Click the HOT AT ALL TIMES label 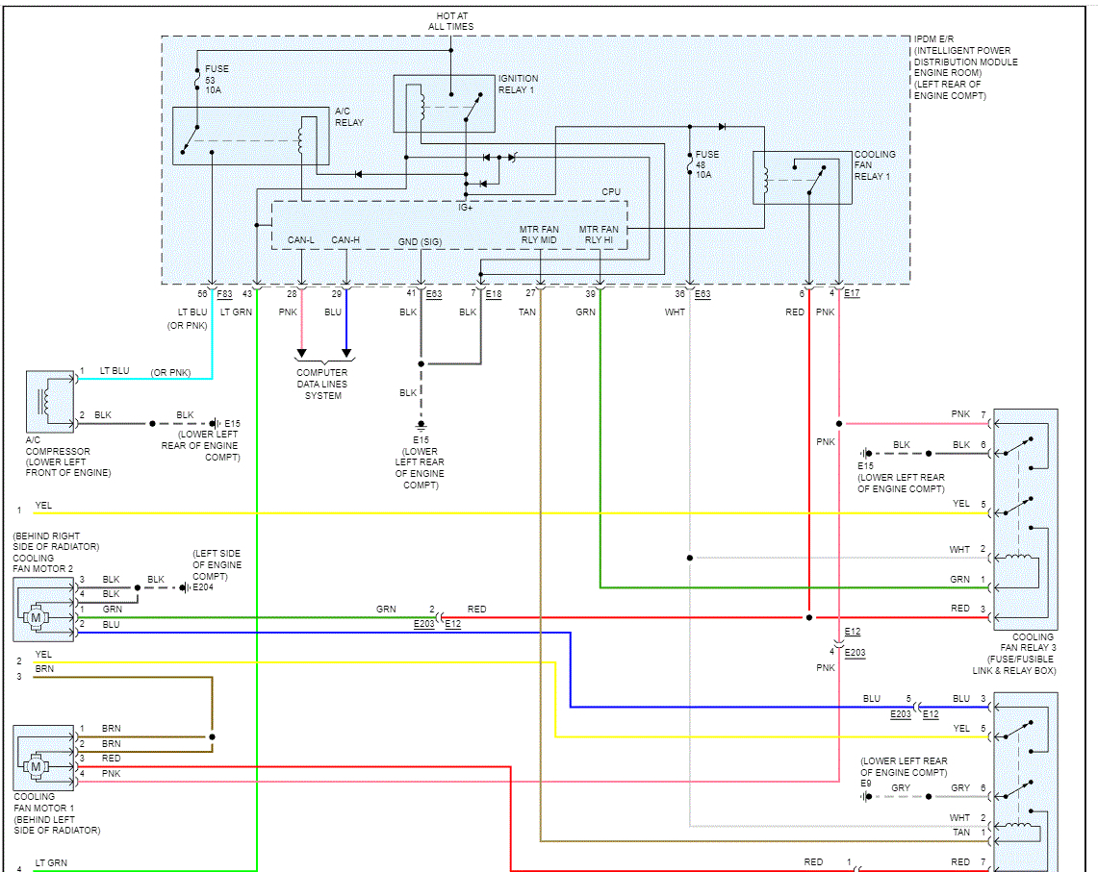451,21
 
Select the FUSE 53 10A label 217,79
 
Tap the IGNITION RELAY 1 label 518,84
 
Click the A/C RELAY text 348,117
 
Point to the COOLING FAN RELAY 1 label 875,165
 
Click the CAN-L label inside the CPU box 301,240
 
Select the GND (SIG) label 420,242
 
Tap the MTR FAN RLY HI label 599,235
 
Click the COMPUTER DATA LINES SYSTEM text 322,385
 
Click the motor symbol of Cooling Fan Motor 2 37,617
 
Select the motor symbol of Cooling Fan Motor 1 37,767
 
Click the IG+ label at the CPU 466,208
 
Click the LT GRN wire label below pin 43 236,312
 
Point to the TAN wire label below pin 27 527,312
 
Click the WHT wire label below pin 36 675,312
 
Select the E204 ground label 203,587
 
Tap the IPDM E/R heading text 933,39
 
